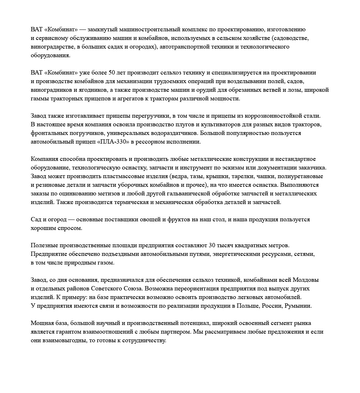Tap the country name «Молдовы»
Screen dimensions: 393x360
pos(306,280)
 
